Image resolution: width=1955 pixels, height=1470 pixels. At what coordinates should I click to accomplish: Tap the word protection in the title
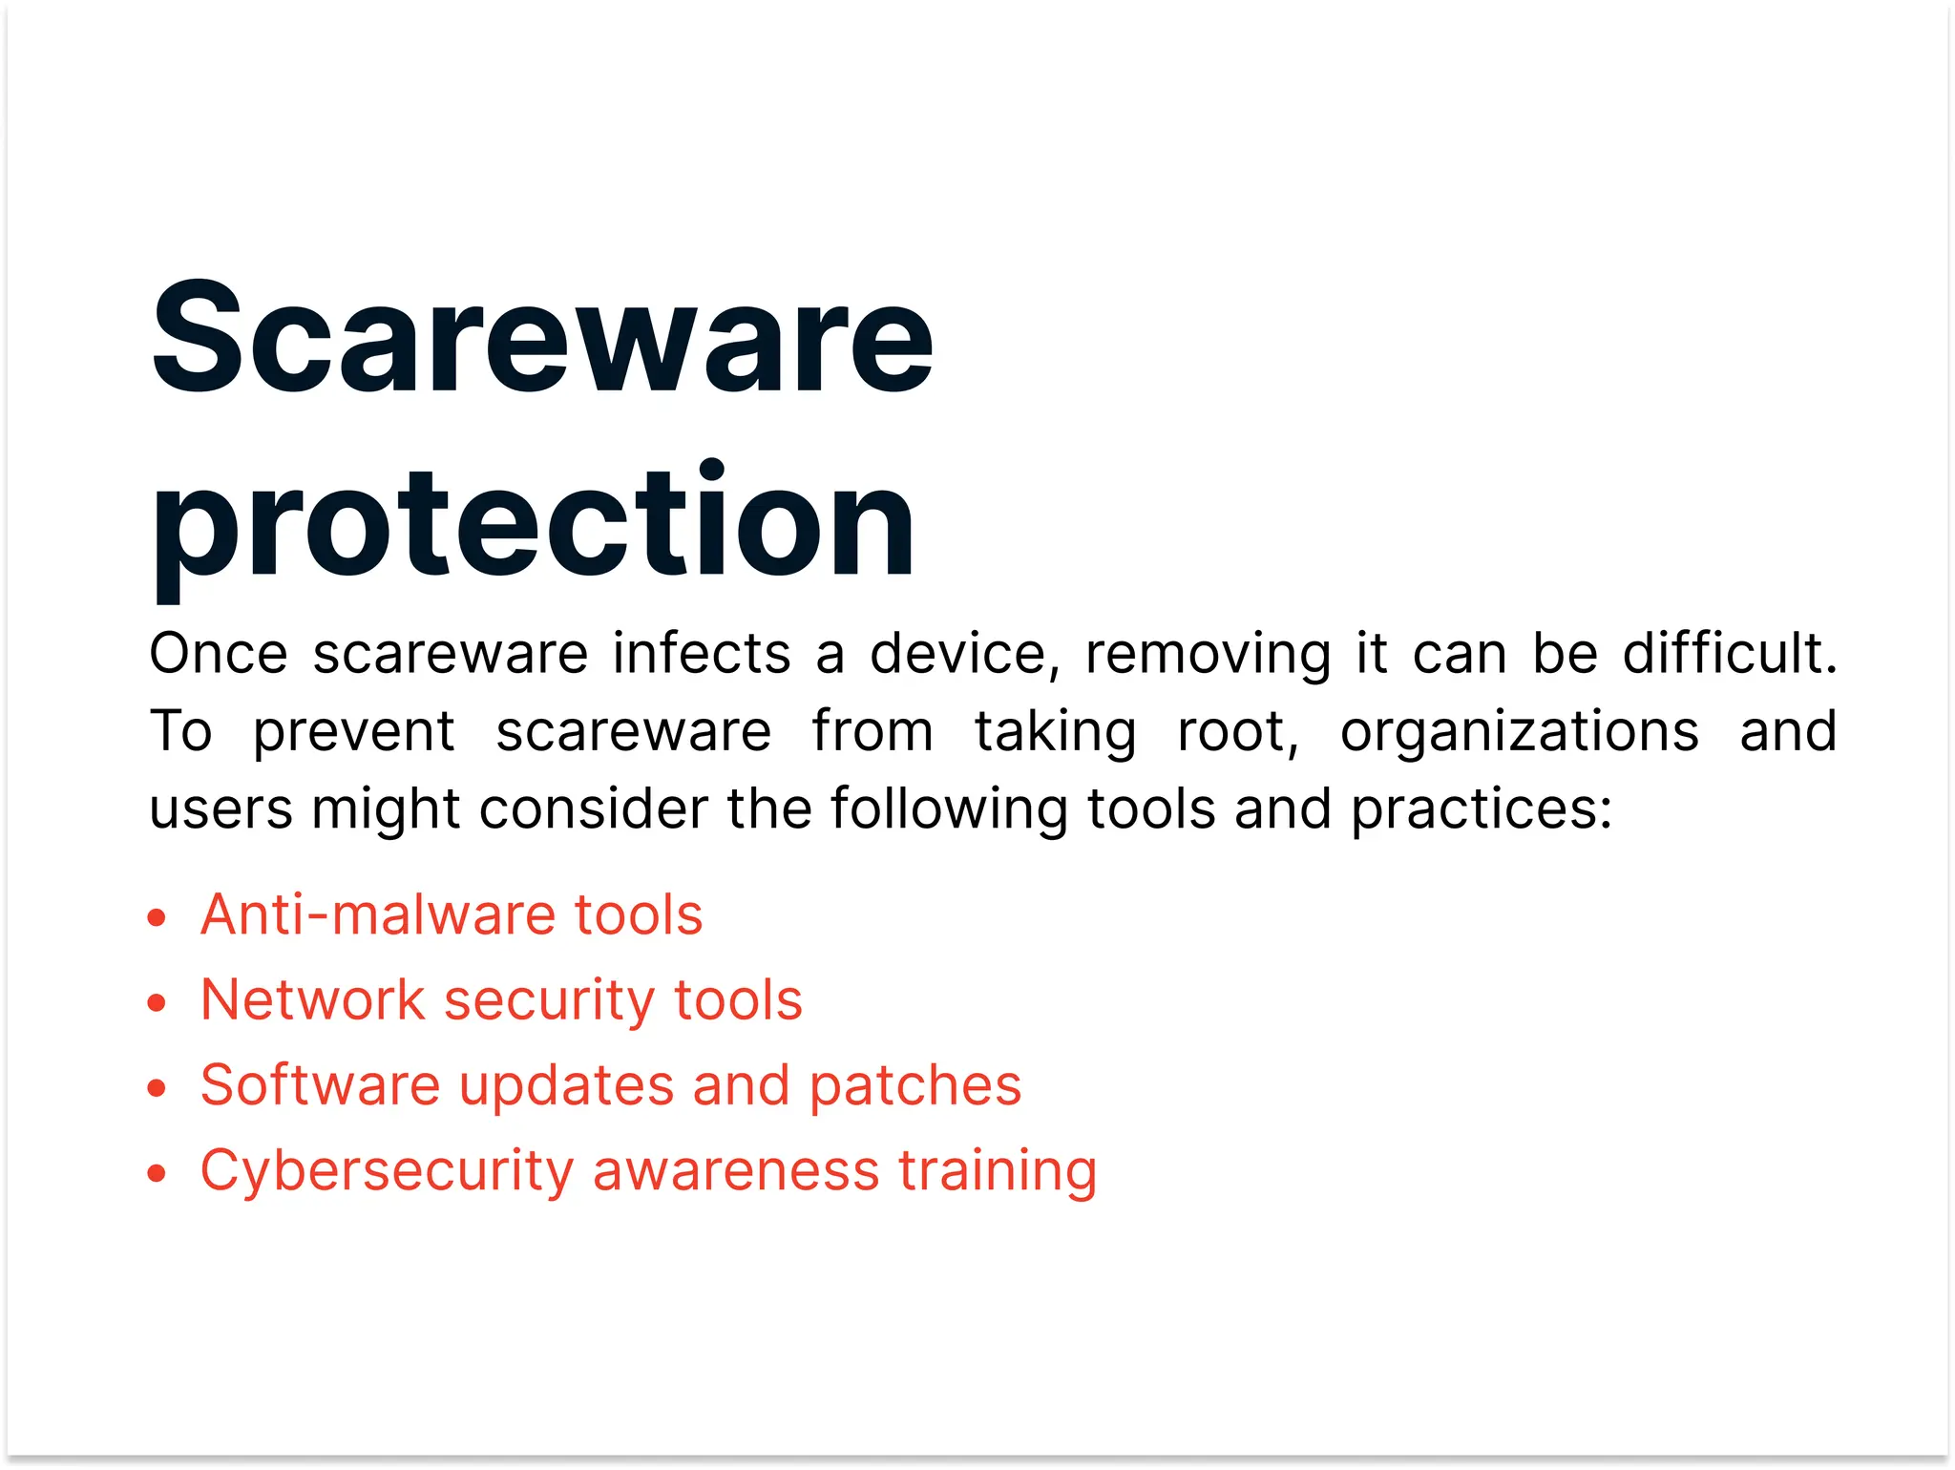pyautogui.click(x=533, y=523)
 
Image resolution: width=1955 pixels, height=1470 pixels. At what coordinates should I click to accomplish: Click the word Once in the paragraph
pyautogui.click(x=219, y=654)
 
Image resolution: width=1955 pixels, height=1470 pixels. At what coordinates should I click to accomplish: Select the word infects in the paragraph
pyautogui.click(x=702, y=654)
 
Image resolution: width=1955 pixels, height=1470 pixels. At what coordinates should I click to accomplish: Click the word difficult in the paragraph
pyautogui.click(x=1728, y=654)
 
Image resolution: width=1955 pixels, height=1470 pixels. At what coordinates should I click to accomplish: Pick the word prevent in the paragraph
pyautogui.click(x=353, y=732)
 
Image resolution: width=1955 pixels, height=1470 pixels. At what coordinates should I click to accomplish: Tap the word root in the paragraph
pyautogui.click(x=1237, y=732)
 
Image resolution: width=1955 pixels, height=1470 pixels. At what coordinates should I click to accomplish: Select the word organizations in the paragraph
pyautogui.click(x=1519, y=732)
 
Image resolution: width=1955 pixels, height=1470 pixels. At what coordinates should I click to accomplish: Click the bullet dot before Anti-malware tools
pyautogui.click(x=158, y=918)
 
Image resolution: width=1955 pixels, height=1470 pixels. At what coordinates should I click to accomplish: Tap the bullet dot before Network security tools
pyautogui.click(x=158, y=1003)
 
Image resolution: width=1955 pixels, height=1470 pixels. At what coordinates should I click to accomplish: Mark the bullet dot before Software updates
pyautogui.click(x=158, y=1088)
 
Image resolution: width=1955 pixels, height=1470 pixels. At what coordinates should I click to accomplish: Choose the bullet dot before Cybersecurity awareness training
pyautogui.click(x=158, y=1173)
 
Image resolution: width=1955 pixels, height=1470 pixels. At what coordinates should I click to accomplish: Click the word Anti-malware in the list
pyautogui.click(x=378, y=914)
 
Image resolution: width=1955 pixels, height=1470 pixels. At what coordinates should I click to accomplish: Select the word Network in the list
pyautogui.click(x=312, y=1000)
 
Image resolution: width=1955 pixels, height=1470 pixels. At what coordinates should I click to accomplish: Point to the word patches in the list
pyautogui.click(x=915, y=1086)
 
